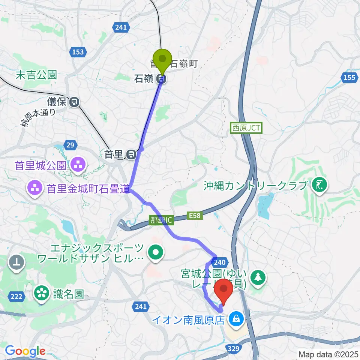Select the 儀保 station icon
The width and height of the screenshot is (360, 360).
click(x=75, y=101)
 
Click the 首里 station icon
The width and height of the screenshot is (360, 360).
click(x=131, y=154)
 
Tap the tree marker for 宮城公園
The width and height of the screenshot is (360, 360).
click(x=259, y=277)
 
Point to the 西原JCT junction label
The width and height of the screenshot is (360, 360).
click(x=246, y=128)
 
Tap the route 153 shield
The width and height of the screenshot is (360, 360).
click(x=78, y=52)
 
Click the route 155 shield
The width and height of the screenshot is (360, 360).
click(x=349, y=78)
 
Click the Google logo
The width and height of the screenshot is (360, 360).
click(x=25, y=351)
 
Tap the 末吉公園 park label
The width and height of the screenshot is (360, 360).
click(x=36, y=75)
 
